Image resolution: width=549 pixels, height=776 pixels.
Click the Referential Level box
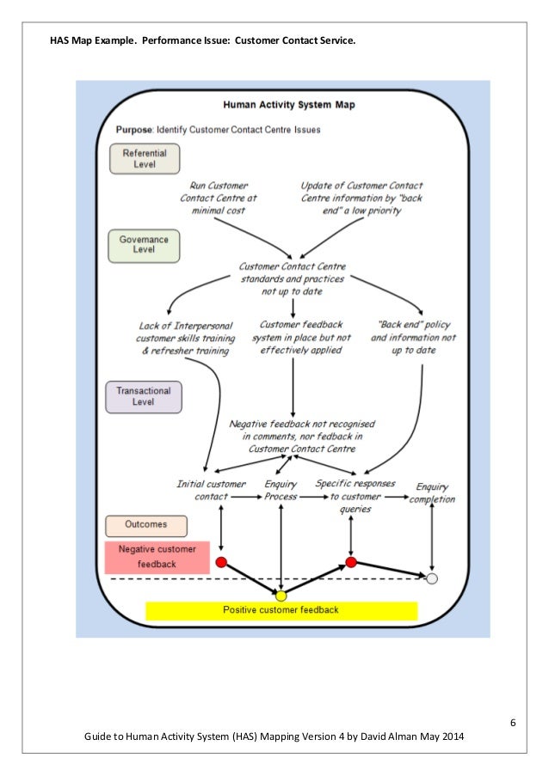pos(145,158)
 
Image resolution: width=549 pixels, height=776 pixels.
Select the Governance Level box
pos(145,245)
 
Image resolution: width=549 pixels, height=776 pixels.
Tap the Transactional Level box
pos(145,396)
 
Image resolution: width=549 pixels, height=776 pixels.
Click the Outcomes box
pos(136,524)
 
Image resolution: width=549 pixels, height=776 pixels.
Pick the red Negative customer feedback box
pos(157,557)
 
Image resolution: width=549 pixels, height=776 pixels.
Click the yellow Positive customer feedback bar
pos(281,610)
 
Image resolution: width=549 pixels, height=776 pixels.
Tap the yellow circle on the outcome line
pos(281,596)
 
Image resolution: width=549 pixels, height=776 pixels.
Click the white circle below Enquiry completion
pos(432,578)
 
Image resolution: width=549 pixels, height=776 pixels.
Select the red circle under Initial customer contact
pos(221,563)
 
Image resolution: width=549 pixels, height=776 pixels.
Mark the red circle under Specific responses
pos(351,563)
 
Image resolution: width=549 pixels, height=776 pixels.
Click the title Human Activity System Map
pos(289,105)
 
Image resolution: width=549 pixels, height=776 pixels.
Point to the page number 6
pos(513,721)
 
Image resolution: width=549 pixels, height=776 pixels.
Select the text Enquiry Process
pos(281,490)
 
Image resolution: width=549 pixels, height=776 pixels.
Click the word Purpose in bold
pos(134,131)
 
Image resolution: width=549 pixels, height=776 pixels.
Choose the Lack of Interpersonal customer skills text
pos(184,338)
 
